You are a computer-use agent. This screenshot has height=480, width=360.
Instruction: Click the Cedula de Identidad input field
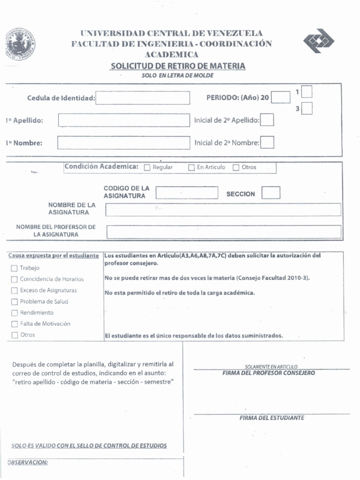tap(143, 98)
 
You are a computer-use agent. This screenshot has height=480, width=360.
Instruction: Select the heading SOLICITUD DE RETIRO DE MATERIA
tap(178, 66)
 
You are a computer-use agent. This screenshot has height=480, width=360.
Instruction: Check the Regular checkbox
tap(147, 168)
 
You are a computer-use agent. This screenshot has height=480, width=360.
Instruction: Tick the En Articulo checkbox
tap(191, 168)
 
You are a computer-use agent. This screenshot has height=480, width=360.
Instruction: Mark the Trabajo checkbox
tap(14, 268)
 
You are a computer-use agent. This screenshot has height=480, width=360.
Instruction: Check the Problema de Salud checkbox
tap(14, 302)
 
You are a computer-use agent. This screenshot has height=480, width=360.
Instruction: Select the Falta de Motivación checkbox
tap(14, 324)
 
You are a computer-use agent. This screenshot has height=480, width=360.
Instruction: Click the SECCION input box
tap(271, 193)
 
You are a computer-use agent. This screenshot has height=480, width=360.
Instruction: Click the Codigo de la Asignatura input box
tap(187, 193)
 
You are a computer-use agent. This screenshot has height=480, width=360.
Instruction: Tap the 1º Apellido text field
tap(124, 120)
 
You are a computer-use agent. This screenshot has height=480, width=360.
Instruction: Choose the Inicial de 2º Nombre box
tap(267, 142)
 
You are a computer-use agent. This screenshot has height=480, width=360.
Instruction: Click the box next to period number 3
tap(307, 109)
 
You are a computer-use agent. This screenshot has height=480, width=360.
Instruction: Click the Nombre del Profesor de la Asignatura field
tap(224, 232)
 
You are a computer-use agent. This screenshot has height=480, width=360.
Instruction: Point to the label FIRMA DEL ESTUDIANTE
tap(271, 418)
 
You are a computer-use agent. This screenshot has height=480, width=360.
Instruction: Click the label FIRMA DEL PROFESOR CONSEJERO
tap(269, 373)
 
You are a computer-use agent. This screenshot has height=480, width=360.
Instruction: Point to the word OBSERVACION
tap(28, 463)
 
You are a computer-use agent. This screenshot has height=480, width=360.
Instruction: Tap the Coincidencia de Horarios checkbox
tap(14, 279)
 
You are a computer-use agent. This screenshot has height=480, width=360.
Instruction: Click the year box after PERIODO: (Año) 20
tap(281, 97)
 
